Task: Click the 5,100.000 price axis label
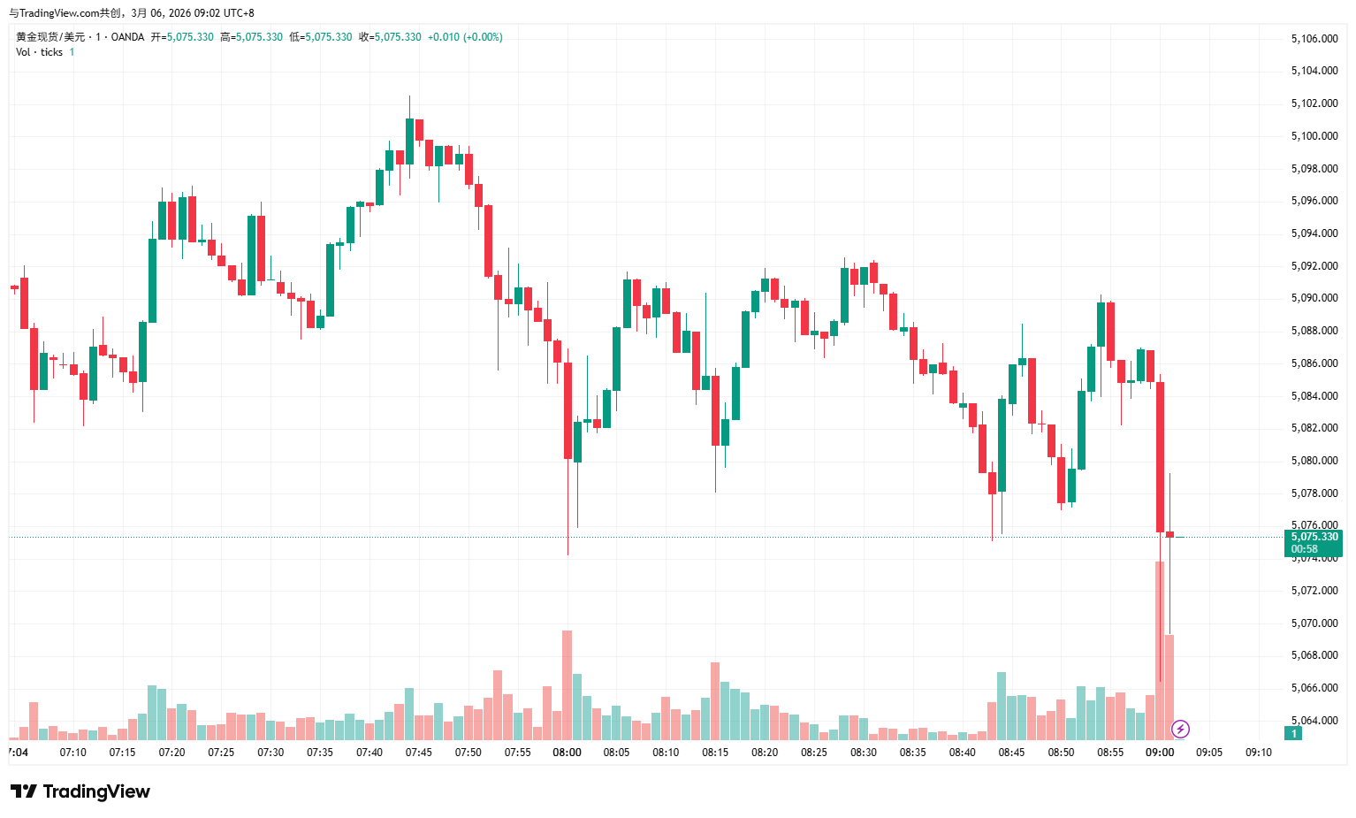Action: (x=1314, y=136)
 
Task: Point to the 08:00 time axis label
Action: (x=567, y=753)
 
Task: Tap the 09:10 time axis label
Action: (x=1258, y=753)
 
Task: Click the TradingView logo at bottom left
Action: (x=80, y=791)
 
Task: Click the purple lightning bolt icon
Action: (x=1180, y=730)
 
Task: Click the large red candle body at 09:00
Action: (x=1160, y=455)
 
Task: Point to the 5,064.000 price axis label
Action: (x=1314, y=721)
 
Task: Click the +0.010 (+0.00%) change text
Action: (x=465, y=37)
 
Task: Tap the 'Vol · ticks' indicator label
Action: (x=39, y=52)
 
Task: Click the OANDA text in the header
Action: (x=127, y=37)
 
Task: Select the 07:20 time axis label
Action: (x=171, y=753)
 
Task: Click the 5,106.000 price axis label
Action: (x=1314, y=39)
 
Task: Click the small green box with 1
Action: (x=1294, y=734)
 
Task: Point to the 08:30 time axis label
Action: (x=863, y=753)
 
